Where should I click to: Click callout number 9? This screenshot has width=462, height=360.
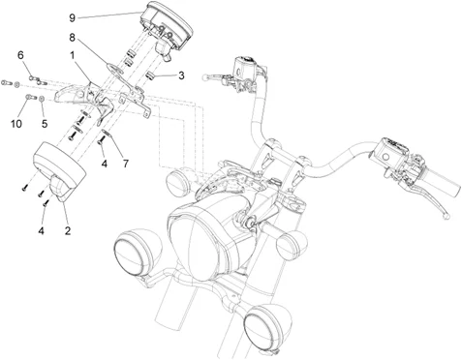click(72, 17)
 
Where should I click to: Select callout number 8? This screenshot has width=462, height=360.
click(72, 38)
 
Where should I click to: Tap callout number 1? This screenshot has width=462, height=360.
click(73, 55)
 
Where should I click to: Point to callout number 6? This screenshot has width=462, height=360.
click(20, 55)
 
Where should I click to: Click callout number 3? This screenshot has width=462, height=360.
click(181, 75)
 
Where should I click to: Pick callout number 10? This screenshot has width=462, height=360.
click(16, 124)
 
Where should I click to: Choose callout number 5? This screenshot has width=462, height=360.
click(45, 124)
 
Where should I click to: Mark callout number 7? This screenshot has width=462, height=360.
click(125, 164)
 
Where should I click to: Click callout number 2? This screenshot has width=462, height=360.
click(68, 230)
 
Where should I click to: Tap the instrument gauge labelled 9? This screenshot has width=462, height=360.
click(167, 28)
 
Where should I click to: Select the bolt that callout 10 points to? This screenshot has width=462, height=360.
click(31, 97)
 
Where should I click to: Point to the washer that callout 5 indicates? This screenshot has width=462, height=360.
click(42, 98)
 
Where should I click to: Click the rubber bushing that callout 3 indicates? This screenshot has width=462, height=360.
click(150, 76)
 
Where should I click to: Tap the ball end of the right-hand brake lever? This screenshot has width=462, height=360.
click(446, 217)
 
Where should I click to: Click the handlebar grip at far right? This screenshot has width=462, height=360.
click(442, 182)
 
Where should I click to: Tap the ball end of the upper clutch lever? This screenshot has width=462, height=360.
click(204, 77)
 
